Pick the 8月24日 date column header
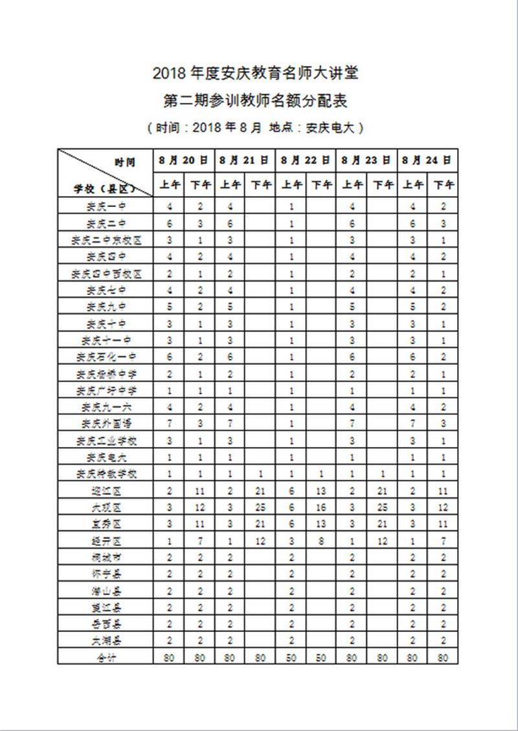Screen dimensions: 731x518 coord(427,159)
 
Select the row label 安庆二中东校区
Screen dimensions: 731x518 coord(106,240)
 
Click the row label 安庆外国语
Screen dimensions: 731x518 coord(106,423)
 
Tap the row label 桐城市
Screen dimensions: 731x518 coord(106,556)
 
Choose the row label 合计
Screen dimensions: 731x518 coord(106,657)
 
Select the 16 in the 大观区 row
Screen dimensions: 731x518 coord(322,507)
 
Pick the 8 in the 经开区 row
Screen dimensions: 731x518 coord(322,540)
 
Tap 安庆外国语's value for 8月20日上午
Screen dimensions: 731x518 coord(170,423)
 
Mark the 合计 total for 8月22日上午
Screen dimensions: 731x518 coord(292,657)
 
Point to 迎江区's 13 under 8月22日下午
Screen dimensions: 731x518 coord(322,490)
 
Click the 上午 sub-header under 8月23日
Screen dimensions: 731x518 coord(352,185)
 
